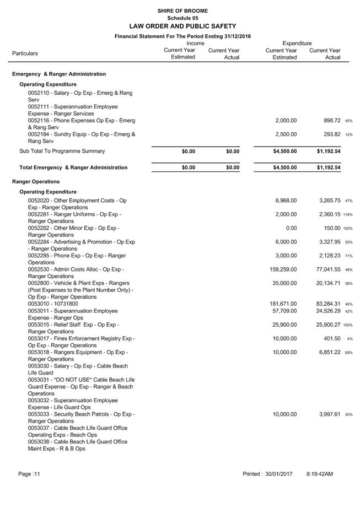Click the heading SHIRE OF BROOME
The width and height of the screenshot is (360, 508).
[x=182, y=10]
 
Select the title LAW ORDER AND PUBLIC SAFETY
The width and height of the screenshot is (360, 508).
[x=182, y=26]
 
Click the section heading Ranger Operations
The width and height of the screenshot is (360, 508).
[x=36, y=181]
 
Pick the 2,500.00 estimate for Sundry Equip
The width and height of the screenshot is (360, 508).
[x=286, y=134]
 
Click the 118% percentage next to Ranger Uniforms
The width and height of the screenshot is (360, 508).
[x=348, y=215]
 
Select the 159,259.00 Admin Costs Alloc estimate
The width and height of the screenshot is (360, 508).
[x=283, y=269]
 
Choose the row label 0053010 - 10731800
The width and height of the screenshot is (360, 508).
[x=53, y=304]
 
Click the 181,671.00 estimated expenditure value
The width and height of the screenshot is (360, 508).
[x=283, y=304]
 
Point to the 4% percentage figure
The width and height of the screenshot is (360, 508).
[x=350, y=339]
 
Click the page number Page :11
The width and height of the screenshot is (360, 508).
[x=29, y=474]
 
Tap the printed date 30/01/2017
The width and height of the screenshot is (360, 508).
[x=278, y=474]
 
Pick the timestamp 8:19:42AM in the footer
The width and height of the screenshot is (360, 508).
[x=320, y=474]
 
